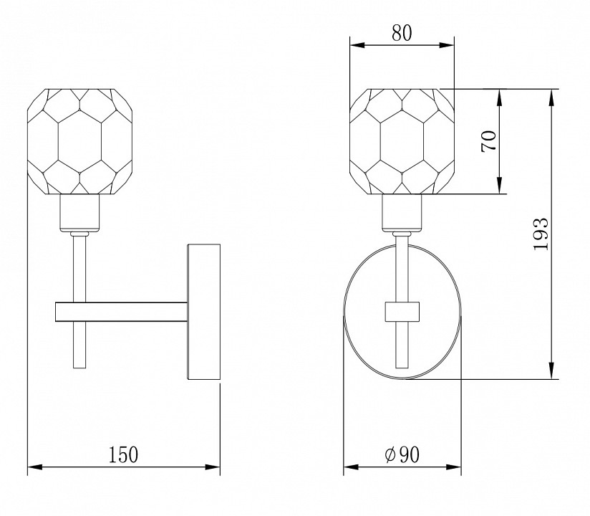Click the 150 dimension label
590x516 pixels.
[123, 454]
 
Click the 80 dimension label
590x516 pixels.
[402, 33]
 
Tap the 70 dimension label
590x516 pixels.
[489, 141]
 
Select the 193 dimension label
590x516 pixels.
[541, 234]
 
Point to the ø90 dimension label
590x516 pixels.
[402, 454]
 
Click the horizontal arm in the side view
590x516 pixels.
[121, 312]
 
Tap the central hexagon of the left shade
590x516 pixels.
[79, 142]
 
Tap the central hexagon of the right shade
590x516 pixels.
[402, 142]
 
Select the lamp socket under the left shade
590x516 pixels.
[79, 213]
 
